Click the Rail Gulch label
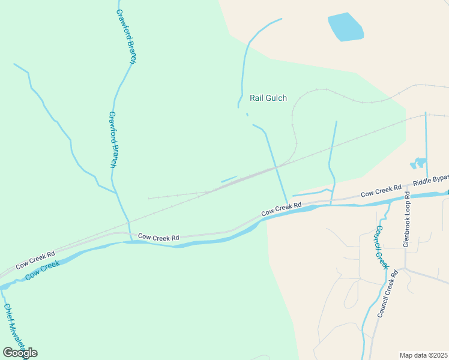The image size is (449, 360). (x=268, y=98)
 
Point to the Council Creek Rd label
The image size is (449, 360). (x=388, y=294)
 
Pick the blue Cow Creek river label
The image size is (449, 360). (x=43, y=270)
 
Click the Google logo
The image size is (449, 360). (x=20, y=352)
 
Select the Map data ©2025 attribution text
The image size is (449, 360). (x=423, y=355)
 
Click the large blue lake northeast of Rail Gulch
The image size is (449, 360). (x=346, y=26)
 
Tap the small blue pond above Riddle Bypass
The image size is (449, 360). (x=418, y=163)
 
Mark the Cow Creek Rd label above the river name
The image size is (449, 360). (x=35, y=259)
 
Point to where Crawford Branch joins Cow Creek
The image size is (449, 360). (x=131, y=241)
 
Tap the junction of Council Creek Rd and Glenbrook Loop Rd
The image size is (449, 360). (x=405, y=268)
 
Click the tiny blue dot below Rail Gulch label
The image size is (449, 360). (x=247, y=114)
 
